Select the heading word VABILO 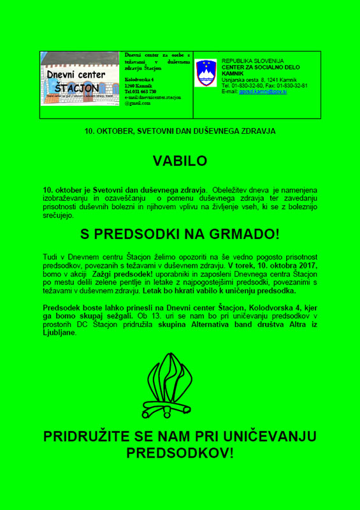point(180,161)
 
